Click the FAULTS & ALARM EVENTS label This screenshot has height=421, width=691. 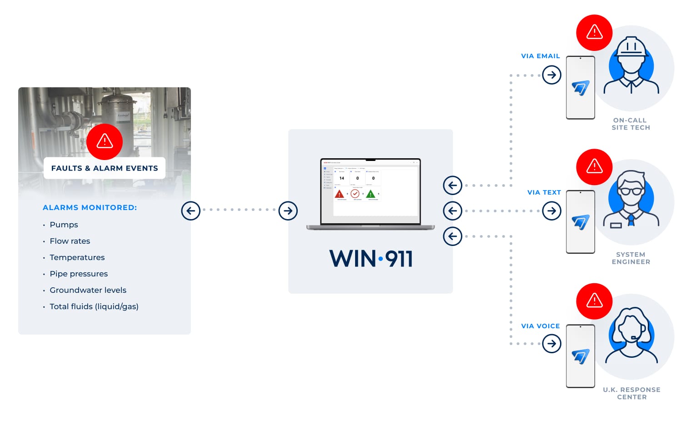point(105,168)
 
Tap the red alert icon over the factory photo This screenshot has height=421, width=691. point(105,141)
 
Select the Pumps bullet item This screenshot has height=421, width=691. point(64,225)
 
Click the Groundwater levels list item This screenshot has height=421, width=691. point(88,290)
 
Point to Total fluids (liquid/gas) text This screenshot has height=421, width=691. point(94,306)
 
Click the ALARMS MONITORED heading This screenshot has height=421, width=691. point(90,207)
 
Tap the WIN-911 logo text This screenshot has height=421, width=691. point(371,259)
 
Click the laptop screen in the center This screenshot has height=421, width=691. point(371,191)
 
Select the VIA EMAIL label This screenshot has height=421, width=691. point(540,56)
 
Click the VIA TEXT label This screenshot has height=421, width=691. point(544,192)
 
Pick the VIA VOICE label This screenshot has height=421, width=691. point(540,326)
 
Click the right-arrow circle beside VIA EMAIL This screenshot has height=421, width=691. point(551,75)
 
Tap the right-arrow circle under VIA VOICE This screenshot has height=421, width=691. point(551,344)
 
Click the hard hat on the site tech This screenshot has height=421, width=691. point(631,46)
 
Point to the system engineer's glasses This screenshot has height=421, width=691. point(631,191)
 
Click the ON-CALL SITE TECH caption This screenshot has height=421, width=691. point(631,124)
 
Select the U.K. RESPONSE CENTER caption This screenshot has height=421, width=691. point(631,393)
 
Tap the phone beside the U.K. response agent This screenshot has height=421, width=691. point(581,356)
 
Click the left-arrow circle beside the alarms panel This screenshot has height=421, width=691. point(190,211)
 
